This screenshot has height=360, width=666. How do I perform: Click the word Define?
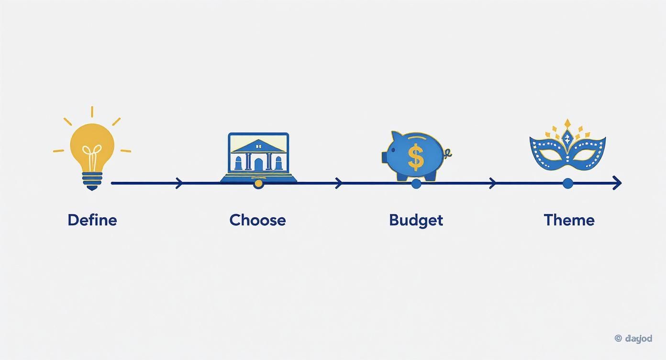pyautogui.click(x=92, y=220)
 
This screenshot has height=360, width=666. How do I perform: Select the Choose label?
pyautogui.click(x=257, y=220)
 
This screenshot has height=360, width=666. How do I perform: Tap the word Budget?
pyautogui.click(x=416, y=220)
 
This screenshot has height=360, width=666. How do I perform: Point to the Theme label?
pyautogui.click(x=569, y=220)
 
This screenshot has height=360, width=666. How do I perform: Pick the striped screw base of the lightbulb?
pyautogui.click(x=92, y=179)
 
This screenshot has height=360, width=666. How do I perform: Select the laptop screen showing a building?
pyautogui.click(x=258, y=152)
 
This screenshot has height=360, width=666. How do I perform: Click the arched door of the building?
pyautogui.click(x=258, y=165)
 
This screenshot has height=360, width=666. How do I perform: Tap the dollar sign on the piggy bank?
pyautogui.click(x=416, y=157)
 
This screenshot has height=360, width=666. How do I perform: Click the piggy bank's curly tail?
pyautogui.click(x=448, y=154)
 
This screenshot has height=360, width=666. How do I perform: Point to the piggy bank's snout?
pyautogui.click(x=385, y=157)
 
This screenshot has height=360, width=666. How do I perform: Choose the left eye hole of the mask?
pyautogui.click(x=548, y=154)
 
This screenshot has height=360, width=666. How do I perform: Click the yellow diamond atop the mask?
pyautogui.click(x=567, y=124)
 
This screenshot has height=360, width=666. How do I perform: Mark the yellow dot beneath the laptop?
pyautogui.click(x=258, y=183)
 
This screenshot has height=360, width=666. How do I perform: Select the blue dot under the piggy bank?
pyautogui.click(x=416, y=183)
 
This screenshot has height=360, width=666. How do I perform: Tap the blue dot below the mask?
pyautogui.click(x=568, y=183)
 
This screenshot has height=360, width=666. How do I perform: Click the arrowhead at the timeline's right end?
pyautogui.click(x=618, y=183)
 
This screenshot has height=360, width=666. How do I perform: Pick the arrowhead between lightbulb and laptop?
pyautogui.click(x=179, y=183)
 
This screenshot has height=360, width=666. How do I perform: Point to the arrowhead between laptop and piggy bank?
pyautogui.click(x=339, y=183)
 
